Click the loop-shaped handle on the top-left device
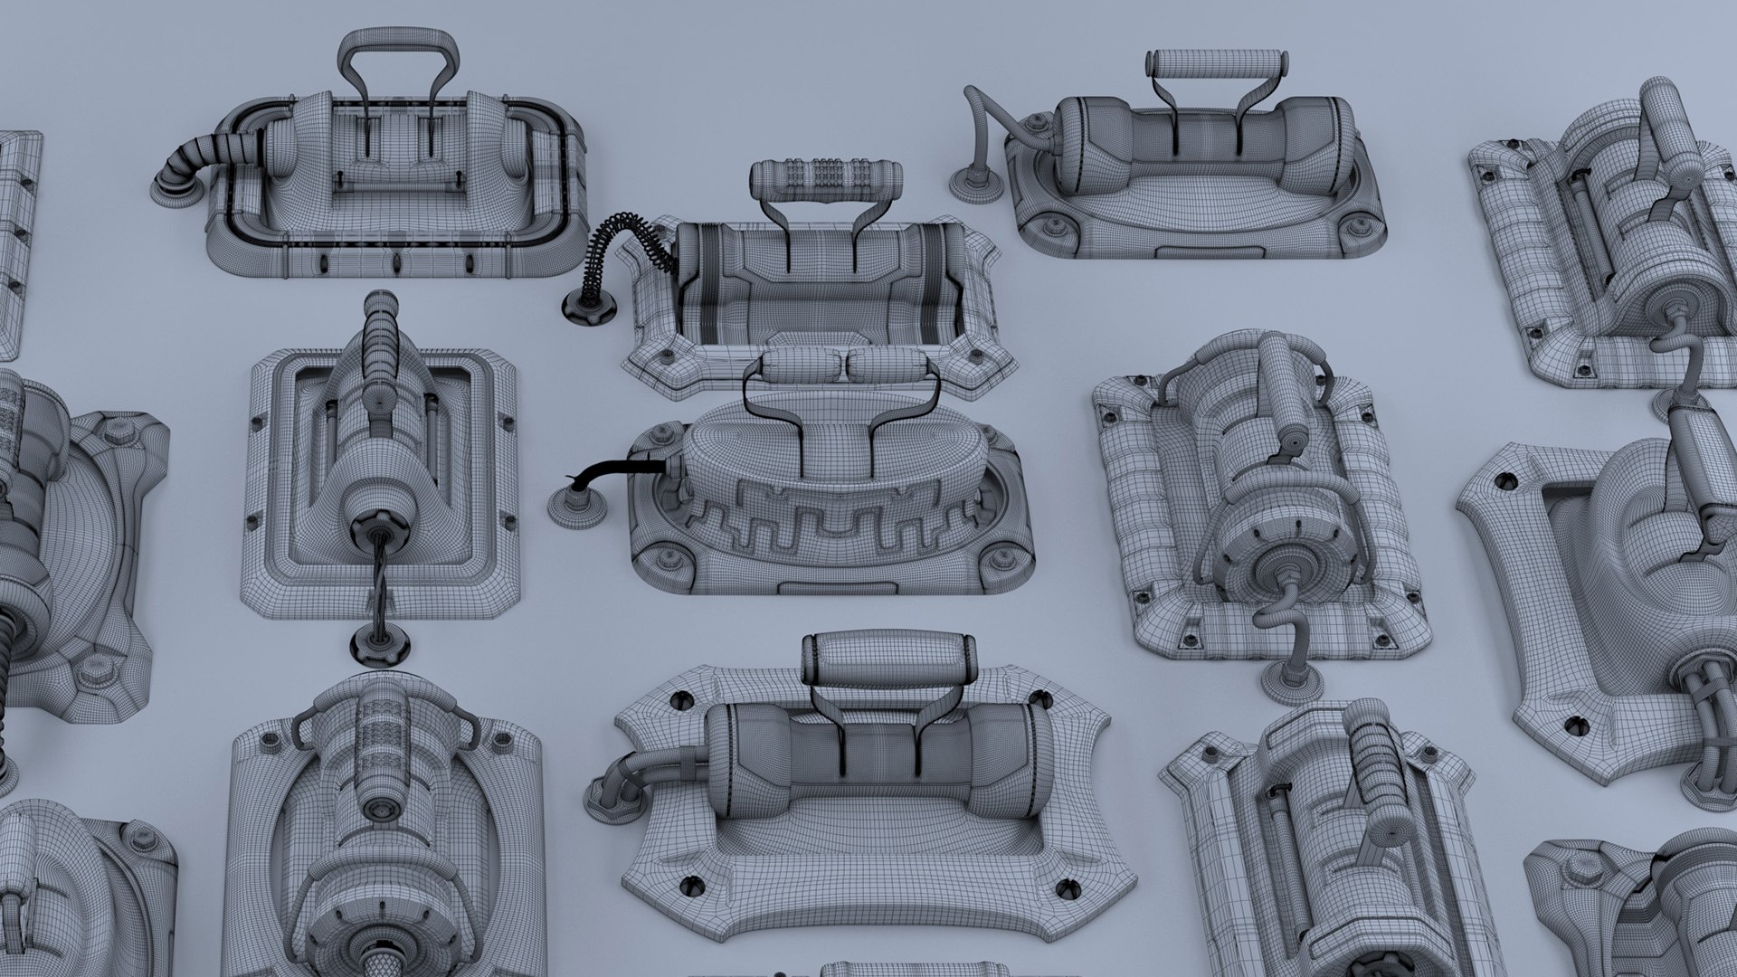395,45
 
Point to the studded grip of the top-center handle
826,173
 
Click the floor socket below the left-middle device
380,643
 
